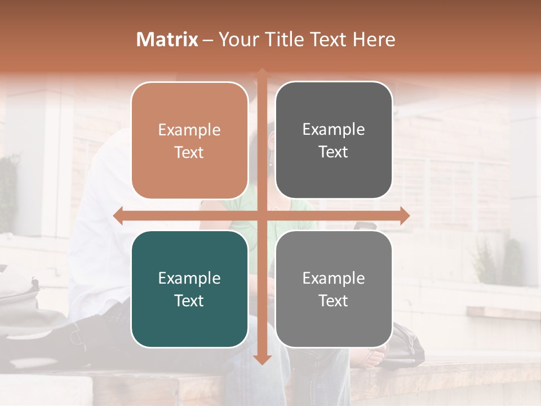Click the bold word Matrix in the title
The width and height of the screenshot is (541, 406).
(167, 39)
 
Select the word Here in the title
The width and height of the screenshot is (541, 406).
(374, 39)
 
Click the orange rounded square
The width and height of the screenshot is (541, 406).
(189, 140)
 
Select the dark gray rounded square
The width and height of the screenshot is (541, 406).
(334, 140)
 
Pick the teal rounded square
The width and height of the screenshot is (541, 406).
(189, 289)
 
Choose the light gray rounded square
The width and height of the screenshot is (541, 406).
(334, 289)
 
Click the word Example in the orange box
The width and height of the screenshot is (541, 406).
(189, 130)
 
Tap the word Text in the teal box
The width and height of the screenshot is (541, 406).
(189, 301)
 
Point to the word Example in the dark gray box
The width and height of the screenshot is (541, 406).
(334, 130)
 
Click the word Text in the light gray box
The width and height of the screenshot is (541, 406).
(334, 301)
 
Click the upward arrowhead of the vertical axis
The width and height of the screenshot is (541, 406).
(262, 72)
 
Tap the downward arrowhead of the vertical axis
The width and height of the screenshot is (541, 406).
(262, 360)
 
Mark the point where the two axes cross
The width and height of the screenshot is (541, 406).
(262, 216)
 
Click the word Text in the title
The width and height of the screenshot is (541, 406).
(326, 39)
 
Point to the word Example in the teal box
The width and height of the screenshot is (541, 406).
(189, 278)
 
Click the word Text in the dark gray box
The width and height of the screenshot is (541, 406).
(334, 152)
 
